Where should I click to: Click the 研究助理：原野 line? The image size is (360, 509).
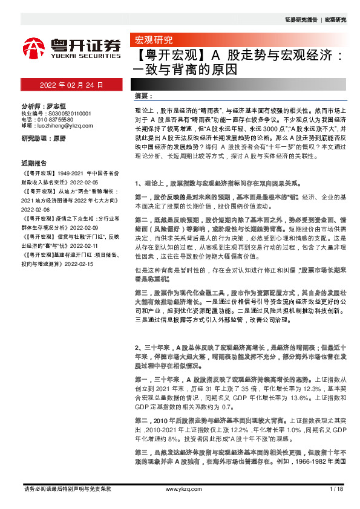click(43, 138)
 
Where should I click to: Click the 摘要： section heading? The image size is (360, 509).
click(143, 96)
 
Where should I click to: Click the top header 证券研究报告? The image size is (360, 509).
click(301, 20)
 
